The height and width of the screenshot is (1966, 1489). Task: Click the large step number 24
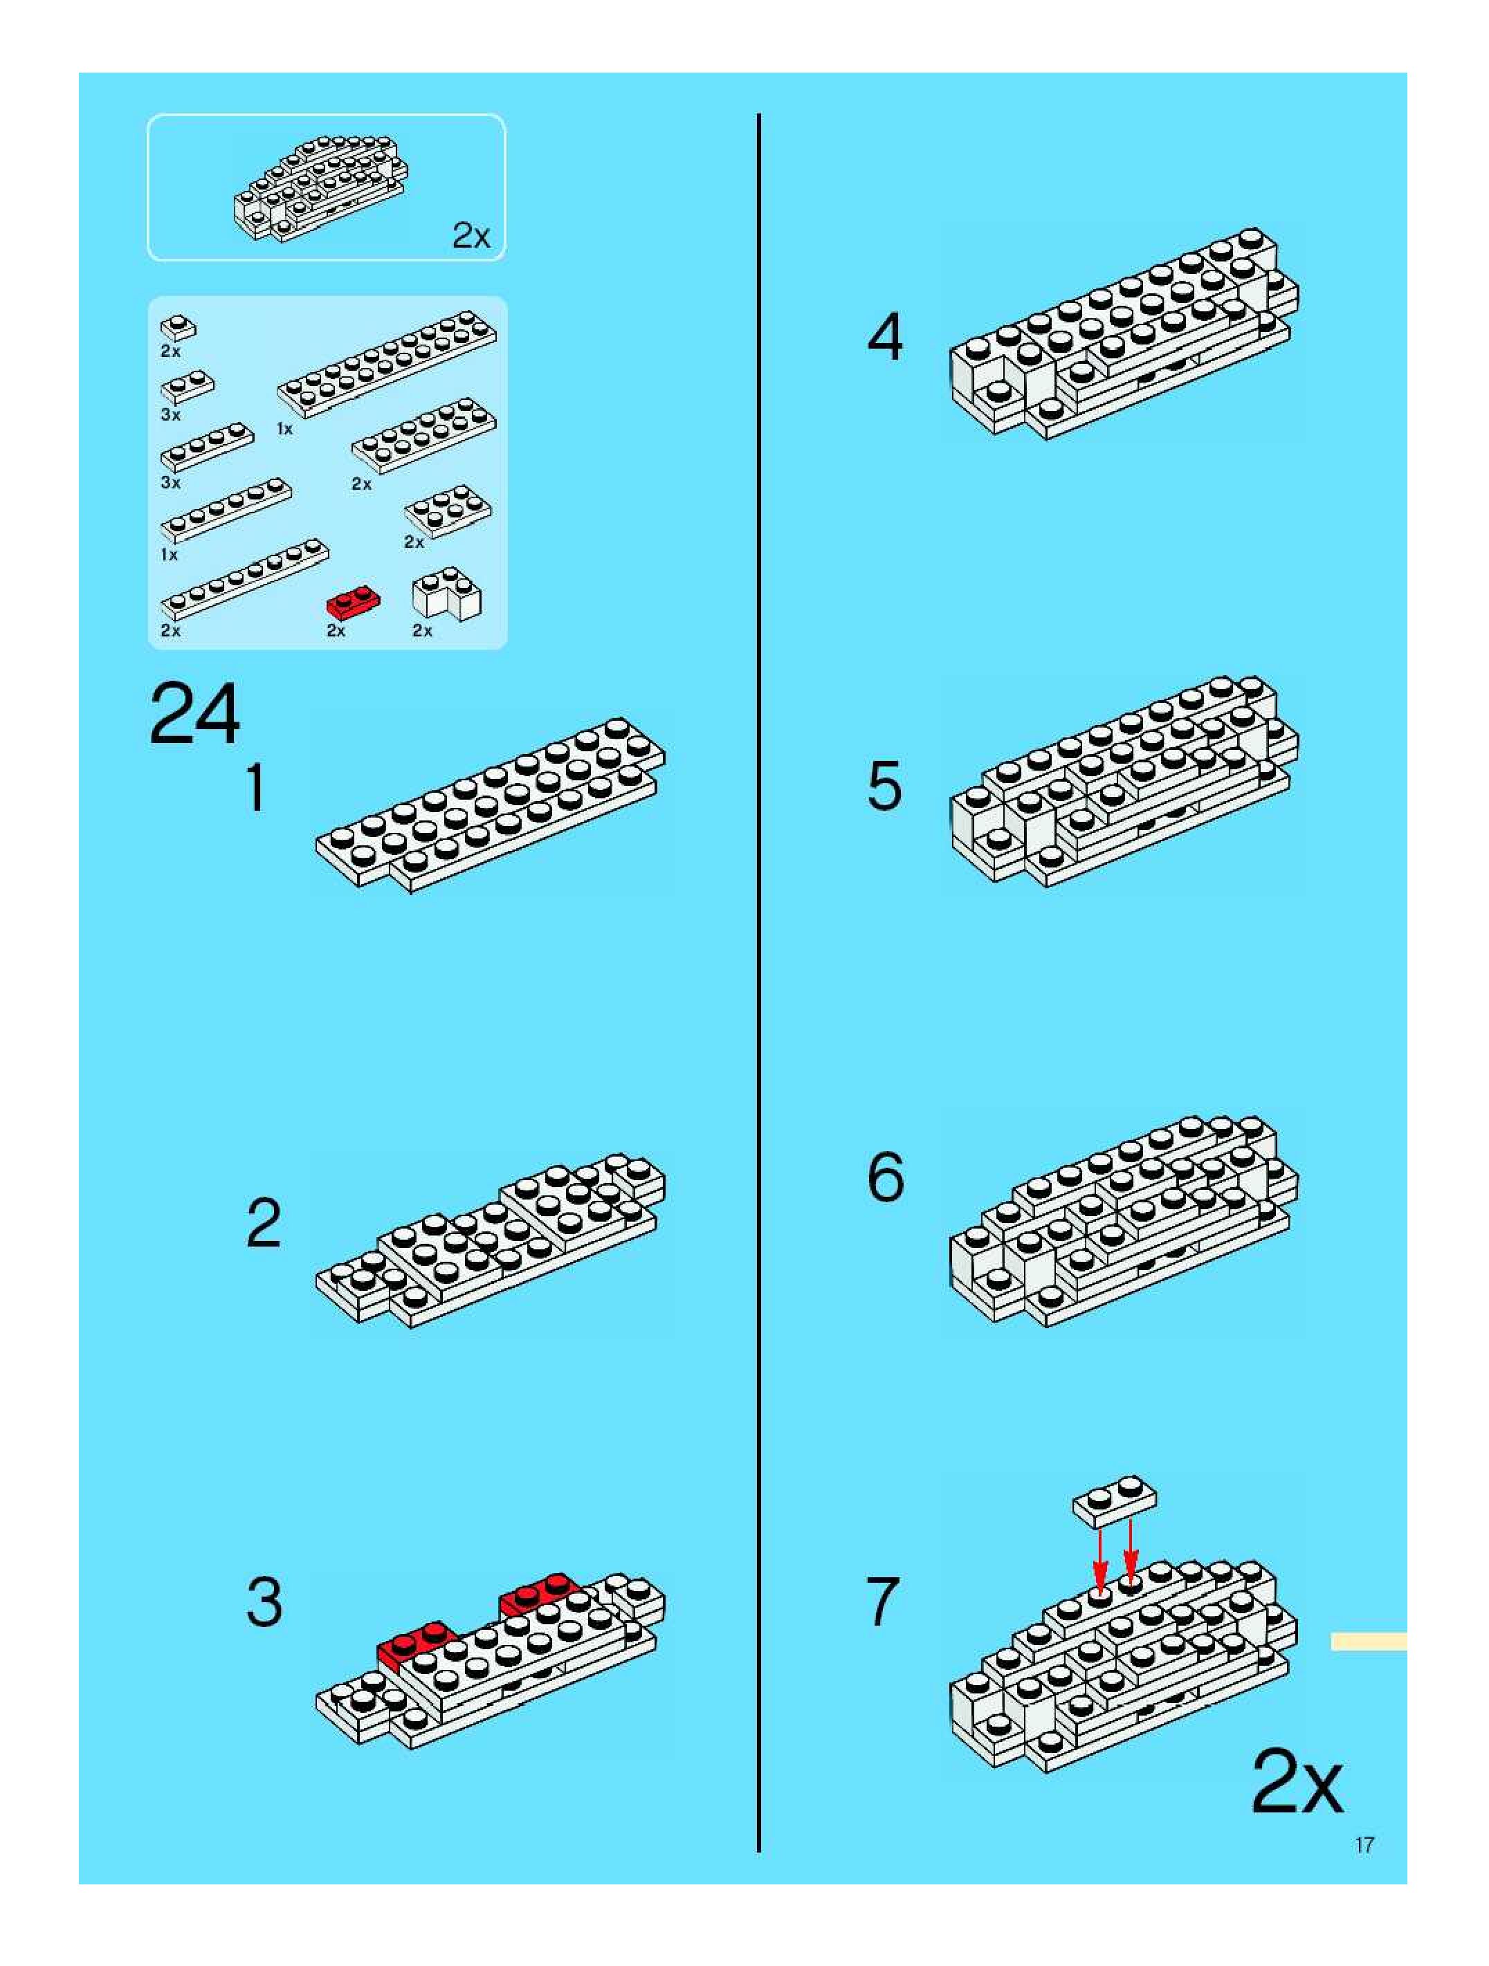(194, 715)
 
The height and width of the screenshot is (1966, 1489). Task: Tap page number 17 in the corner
(1364, 1845)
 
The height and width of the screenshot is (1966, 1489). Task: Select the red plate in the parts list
(354, 601)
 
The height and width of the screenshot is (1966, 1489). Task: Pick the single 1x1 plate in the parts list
(179, 328)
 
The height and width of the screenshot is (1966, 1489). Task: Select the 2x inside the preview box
(471, 235)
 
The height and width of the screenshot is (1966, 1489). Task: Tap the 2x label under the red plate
(336, 630)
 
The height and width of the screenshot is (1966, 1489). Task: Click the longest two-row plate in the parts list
(387, 363)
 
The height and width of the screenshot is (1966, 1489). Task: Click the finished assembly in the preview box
(321, 187)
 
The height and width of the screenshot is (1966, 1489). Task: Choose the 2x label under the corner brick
(422, 630)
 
